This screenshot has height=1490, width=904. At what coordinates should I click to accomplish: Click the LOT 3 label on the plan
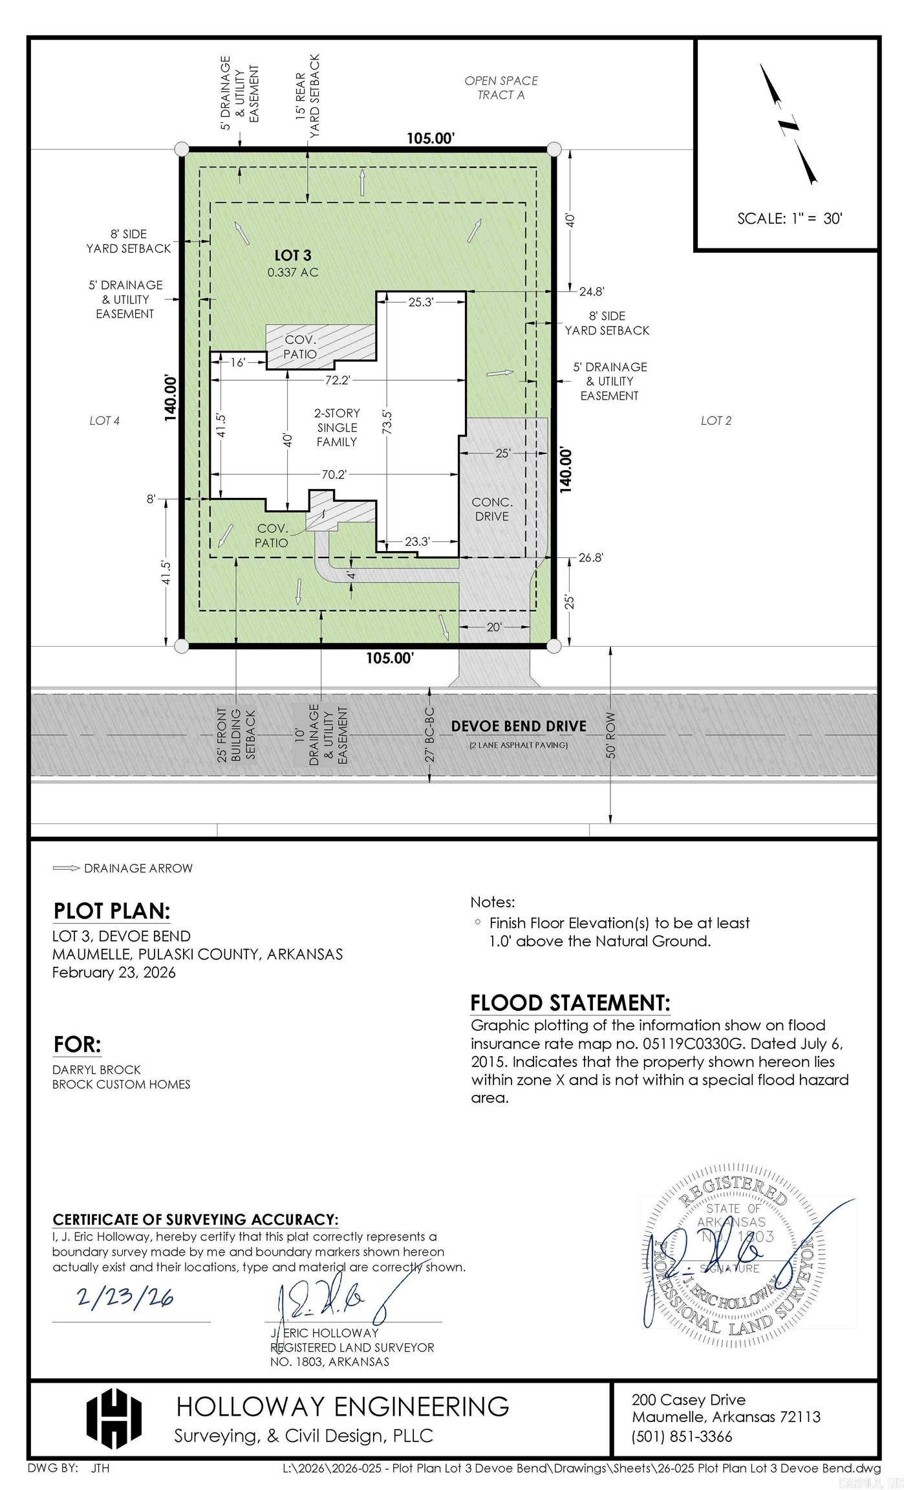292,256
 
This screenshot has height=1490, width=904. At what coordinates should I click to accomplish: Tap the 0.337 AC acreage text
293,272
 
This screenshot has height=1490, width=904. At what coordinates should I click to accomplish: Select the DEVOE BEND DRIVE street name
519,726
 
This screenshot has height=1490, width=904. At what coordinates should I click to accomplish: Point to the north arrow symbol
788,124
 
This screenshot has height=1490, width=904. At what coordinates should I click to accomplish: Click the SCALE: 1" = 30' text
790,219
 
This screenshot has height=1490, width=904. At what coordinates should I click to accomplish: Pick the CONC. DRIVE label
492,509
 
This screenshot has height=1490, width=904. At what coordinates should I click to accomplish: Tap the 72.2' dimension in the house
337,380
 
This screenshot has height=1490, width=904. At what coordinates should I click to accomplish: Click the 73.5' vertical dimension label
387,421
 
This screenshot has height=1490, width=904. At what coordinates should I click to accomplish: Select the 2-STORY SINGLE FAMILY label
337,427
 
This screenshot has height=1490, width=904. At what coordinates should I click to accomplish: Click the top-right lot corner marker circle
554,149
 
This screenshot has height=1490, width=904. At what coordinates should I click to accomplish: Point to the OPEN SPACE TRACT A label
501,88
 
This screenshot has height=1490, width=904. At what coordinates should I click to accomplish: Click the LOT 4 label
104,421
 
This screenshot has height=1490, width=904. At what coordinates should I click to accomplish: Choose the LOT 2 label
716,421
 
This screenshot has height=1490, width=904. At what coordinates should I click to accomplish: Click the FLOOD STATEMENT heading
570,1003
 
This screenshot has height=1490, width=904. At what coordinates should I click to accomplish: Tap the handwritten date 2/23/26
125,1296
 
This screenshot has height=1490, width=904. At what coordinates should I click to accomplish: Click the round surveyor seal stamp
732,1260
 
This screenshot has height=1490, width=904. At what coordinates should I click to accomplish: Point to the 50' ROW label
611,735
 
